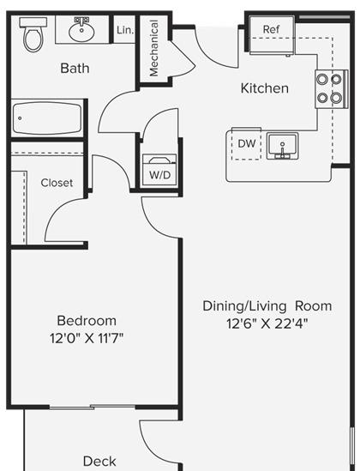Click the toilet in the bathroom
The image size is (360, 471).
point(33,34)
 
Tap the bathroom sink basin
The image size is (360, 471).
point(81,31)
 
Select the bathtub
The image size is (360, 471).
point(47,118)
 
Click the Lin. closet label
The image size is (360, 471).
point(125,30)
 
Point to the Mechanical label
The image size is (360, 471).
point(153,48)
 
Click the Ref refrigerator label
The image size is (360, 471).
point(271,29)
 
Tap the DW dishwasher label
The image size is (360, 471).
point(247,143)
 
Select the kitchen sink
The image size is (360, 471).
point(283,146)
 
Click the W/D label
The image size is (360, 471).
point(160,175)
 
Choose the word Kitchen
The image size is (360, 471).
point(265,88)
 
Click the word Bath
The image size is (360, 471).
point(75,68)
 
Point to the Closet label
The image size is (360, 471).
point(57,183)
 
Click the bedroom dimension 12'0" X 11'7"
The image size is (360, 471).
point(87,339)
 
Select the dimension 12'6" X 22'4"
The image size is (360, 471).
point(267,323)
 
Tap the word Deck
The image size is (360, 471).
point(99,461)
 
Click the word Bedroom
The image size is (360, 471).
point(87,321)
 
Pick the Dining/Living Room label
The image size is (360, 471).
point(267,306)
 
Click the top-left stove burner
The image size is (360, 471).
point(322,79)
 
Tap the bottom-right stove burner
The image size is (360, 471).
point(336,98)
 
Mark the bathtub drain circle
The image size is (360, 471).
point(20,118)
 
